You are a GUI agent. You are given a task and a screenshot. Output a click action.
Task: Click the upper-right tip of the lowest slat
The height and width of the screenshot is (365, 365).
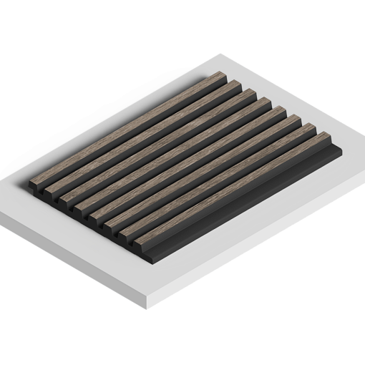[x=327, y=142]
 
